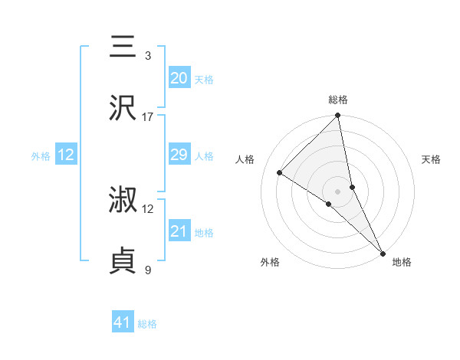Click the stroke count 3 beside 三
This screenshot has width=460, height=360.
click(x=148, y=56)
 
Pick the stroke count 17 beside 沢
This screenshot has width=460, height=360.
click(x=148, y=117)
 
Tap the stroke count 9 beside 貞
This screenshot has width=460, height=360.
click(x=148, y=270)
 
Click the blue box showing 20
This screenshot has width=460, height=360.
click(x=179, y=78)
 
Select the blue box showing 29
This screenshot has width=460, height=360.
click(x=179, y=155)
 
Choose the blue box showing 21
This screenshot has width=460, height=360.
click(x=179, y=231)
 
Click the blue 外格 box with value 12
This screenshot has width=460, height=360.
click(x=66, y=155)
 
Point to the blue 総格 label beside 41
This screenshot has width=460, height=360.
click(x=147, y=324)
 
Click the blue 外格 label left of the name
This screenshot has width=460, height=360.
click(x=41, y=156)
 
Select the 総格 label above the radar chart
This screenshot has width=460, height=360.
click(x=338, y=100)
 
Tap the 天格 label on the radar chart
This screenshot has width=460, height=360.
click(x=431, y=159)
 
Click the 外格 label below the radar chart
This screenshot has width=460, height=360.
click(x=270, y=263)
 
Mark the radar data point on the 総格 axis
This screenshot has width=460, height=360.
click(x=338, y=116)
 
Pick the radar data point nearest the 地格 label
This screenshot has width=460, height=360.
click(x=382, y=252)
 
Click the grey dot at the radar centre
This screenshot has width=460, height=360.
click(x=338, y=191)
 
